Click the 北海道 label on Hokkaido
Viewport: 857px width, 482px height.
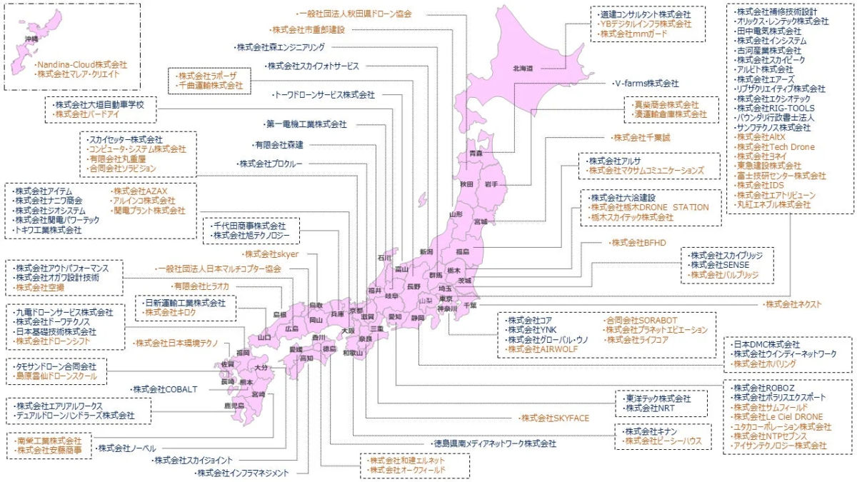(523, 69)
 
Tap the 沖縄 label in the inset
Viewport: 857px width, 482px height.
(31, 38)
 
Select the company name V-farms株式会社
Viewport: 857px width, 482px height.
(647, 83)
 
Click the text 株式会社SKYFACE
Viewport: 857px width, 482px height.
(555, 418)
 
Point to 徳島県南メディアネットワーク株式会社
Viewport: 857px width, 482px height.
(496, 443)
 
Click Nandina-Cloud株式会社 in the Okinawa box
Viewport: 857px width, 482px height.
(81, 64)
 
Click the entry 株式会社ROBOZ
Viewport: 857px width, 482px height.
(765, 387)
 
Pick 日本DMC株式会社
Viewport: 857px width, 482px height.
(767, 344)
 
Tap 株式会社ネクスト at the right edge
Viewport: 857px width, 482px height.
(793, 304)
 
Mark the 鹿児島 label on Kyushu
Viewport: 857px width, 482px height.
(234, 405)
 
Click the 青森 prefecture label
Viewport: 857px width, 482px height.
(476, 154)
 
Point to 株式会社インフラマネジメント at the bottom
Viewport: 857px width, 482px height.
(243, 473)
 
